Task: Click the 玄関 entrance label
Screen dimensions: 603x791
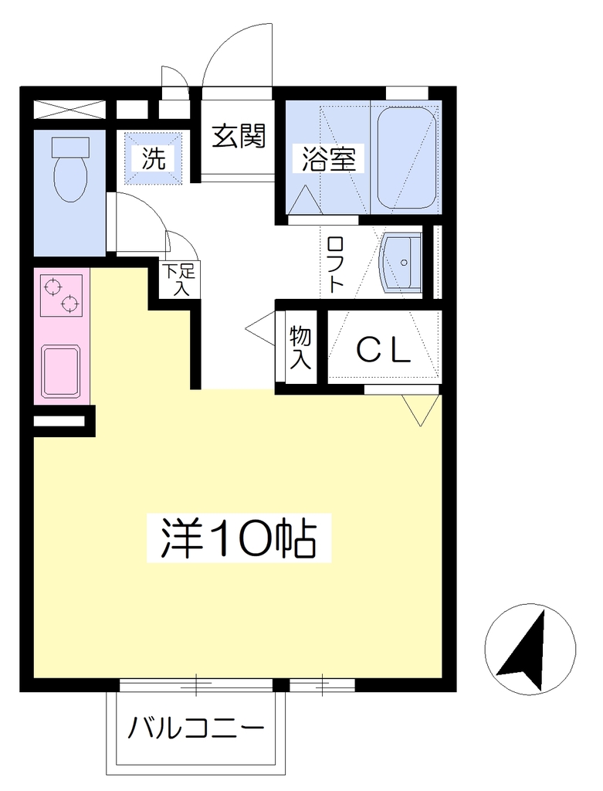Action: pos(239,135)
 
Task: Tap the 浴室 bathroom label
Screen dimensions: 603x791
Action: pos(329,158)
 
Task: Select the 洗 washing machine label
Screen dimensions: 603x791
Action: pos(154,158)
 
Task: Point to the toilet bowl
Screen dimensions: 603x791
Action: pos(70,178)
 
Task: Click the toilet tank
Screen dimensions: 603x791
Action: pos(70,146)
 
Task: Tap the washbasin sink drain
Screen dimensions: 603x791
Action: pos(403,263)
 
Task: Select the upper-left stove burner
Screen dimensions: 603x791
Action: pos(53,287)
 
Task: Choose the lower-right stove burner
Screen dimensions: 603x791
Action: pos(70,304)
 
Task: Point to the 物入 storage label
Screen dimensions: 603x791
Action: pos(300,348)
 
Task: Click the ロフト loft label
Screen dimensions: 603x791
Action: pos(335,265)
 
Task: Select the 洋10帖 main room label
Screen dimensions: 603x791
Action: pos(239,538)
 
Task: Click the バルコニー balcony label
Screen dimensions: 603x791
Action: pos(196,728)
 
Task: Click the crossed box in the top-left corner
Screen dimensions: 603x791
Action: pos(70,110)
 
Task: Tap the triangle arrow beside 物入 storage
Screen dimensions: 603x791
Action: pos(260,328)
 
